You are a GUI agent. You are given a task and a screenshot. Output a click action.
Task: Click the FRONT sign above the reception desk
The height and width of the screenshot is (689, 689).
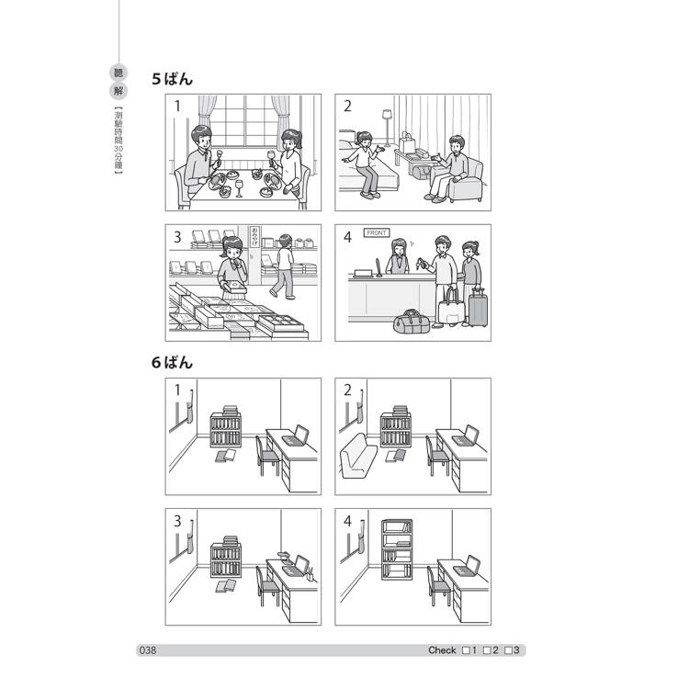[x=377, y=233]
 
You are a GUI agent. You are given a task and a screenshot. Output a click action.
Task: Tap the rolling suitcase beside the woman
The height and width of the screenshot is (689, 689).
[x=478, y=307]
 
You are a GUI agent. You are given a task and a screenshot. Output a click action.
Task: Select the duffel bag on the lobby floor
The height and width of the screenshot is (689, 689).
[x=412, y=322]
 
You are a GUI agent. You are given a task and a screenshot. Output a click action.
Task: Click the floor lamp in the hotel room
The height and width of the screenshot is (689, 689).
[x=387, y=128]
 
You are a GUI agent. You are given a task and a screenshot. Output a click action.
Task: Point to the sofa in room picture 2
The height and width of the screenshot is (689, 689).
[x=358, y=456]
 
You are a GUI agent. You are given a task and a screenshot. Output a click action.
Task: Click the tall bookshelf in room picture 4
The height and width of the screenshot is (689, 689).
[x=397, y=549]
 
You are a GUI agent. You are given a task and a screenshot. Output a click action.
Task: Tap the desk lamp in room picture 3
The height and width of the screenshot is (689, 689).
[x=284, y=558]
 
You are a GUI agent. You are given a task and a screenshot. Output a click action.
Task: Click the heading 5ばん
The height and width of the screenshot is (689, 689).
[x=173, y=79]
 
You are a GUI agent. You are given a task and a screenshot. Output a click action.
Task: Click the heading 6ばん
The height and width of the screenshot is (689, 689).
[x=173, y=363]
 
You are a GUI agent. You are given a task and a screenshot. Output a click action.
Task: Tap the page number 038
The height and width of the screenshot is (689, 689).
[x=148, y=650]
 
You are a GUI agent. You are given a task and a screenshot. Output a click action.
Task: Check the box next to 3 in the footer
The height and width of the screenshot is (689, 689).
[x=508, y=650]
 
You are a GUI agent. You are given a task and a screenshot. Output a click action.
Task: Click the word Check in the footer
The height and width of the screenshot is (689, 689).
[x=442, y=650]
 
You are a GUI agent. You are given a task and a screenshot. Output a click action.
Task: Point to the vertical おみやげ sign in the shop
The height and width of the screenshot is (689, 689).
[x=254, y=237]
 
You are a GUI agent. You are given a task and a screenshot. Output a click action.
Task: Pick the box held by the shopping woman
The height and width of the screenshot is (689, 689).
[x=234, y=288]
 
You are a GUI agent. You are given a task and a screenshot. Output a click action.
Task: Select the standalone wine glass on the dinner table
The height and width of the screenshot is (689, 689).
[x=239, y=188]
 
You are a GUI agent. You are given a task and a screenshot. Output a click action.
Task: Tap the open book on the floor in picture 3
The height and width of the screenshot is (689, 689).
[x=226, y=586]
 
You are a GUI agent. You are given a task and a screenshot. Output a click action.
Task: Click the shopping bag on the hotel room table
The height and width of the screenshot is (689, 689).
[x=406, y=142]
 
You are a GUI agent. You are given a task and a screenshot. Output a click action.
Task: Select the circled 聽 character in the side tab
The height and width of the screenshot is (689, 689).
[x=119, y=73]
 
